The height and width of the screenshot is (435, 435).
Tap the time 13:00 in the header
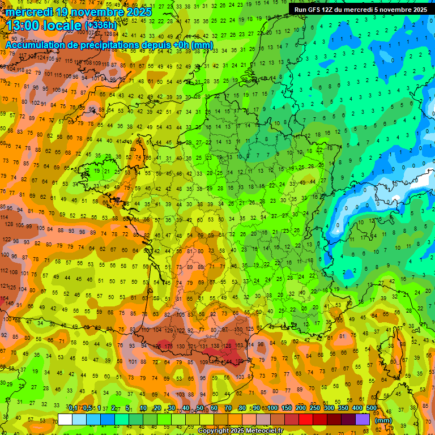tap(26, 25)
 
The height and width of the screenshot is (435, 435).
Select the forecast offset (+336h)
tap(100, 26)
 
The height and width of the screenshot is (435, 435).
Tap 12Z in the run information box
tap(331, 10)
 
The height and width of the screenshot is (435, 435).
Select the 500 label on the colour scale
tap(371, 408)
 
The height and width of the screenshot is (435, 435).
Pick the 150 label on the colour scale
tap(286, 408)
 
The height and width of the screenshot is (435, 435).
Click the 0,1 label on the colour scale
tap(73, 408)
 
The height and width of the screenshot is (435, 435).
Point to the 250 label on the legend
tap(314, 408)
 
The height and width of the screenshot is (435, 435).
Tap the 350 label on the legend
tap(343, 408)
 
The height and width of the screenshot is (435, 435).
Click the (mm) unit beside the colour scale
tap(384, 421)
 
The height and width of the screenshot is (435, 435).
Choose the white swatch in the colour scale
tap(65, 420)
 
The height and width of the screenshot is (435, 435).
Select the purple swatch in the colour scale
tap(362, 420)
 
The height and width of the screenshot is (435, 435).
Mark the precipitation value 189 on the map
tap(240, 361)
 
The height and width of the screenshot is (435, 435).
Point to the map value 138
tap(215, 346)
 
